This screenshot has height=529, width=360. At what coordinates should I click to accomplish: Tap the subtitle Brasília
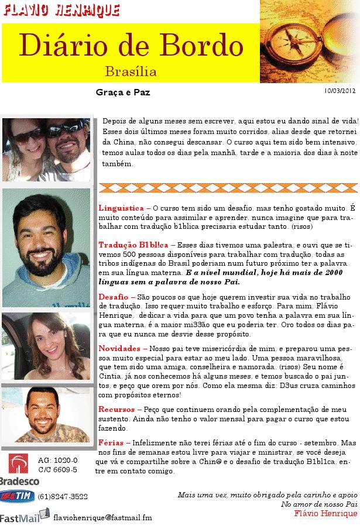[x=131, y=72]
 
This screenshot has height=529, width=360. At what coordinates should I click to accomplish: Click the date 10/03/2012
[x=339, y=91]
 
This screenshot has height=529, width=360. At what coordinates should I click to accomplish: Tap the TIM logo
[x=17, y=496]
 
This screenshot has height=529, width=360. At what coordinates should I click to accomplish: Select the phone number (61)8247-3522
[x=63, y=496]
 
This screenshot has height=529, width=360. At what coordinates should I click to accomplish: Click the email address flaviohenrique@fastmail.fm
[x=102, y=517]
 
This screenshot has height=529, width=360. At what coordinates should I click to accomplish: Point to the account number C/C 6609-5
[x=57, y=469]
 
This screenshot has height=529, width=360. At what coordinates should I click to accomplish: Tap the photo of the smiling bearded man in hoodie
[x=46, y=248]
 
